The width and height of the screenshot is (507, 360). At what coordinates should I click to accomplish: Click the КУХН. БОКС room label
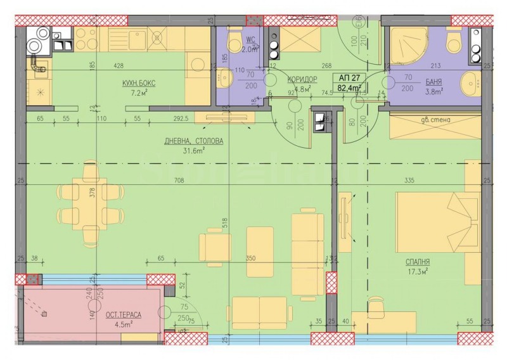[139, 83]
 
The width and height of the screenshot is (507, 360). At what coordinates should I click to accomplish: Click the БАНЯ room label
[434, 82]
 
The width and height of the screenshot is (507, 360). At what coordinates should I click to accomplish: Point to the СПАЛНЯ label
[411, 260]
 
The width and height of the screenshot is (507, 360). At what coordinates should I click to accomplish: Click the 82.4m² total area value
[349, 88]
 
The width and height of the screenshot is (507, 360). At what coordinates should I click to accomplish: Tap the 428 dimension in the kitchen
[119, 65]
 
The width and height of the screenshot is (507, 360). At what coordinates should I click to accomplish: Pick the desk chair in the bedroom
[377, 307]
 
